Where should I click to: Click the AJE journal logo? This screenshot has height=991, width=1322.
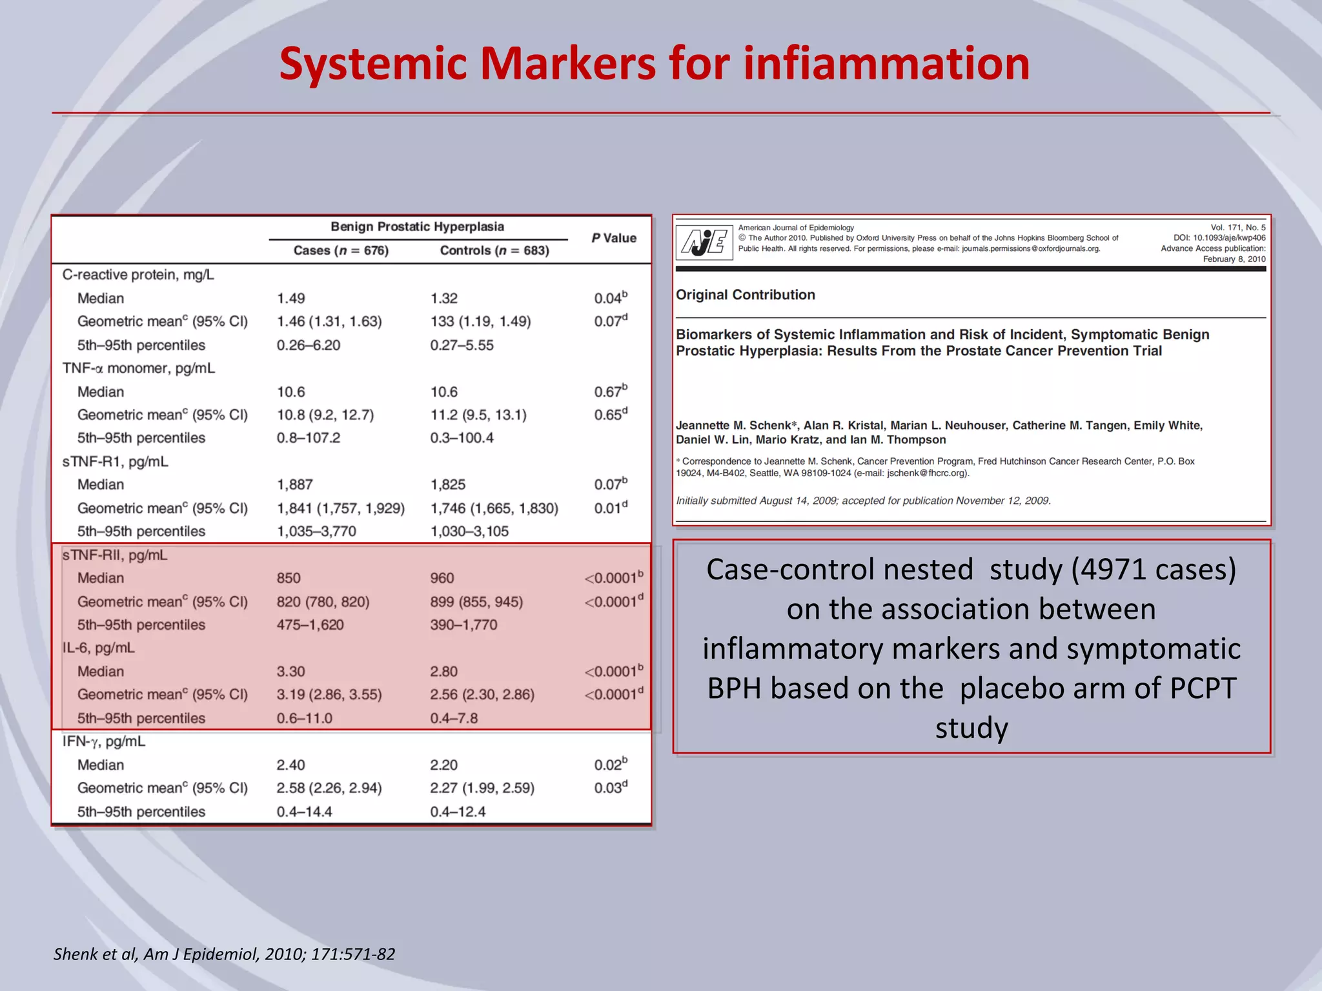coord(704,243)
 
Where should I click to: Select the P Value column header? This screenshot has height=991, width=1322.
coord(614,238)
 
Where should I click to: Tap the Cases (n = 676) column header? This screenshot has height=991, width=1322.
coord(341,250)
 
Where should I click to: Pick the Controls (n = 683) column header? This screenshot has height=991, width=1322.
coord(494,250)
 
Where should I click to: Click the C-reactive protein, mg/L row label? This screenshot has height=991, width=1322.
coord(138,275)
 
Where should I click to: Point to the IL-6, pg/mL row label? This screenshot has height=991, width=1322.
coord(99,648)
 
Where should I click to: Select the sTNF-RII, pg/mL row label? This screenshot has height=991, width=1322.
coord(115,555)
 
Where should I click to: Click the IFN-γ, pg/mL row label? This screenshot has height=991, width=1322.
coord(104,741)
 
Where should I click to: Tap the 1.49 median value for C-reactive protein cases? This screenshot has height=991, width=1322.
coord(291,299)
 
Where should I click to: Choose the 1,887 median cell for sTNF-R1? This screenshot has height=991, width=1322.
coord(295,485)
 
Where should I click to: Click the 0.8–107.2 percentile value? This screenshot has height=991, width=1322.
coord(309,438)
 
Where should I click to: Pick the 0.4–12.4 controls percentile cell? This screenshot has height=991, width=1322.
coord(458,812)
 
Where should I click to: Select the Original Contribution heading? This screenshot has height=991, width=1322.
coord(745,295)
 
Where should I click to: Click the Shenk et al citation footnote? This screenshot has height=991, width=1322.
coord(224,954)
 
